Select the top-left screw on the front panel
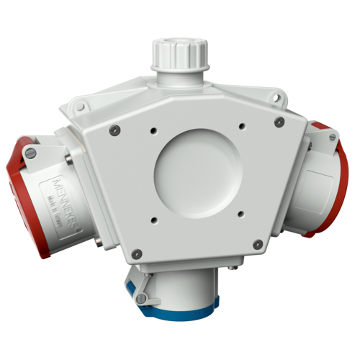pyautogui.click(x=114, y=130)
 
